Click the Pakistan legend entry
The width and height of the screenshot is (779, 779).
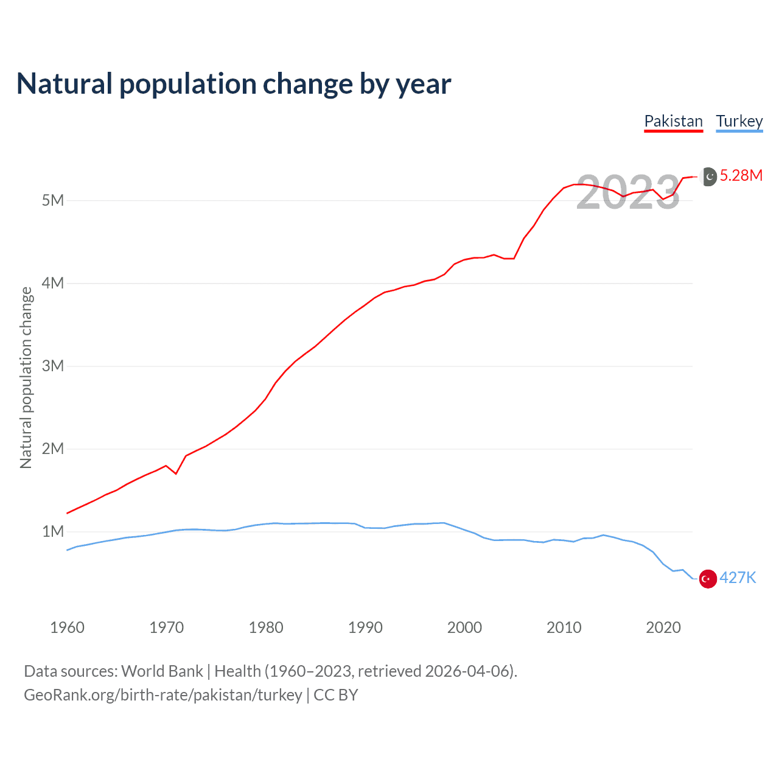pos(673,121)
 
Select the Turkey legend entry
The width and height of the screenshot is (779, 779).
pos(739,121)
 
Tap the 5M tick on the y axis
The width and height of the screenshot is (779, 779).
pos(53,201)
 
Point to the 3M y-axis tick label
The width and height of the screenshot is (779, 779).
pos(53,366)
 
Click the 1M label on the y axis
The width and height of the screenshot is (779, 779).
pos(53,532)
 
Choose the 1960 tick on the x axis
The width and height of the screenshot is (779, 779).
pos(67,627)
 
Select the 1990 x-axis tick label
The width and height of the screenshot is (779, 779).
pos(365,627)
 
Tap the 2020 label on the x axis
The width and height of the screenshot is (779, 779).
pos(663,627)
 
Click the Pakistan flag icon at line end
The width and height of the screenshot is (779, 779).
pos(709,176)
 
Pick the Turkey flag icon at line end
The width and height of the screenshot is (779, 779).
pos(708,579)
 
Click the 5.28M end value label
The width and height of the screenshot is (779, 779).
pos(741,176)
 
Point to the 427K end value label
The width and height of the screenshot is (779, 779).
pos(738,578)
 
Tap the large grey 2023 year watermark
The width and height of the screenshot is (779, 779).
pos(627,192)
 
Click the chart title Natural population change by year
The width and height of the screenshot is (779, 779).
pos(234,84)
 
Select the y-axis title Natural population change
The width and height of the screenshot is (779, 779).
pos(26,378)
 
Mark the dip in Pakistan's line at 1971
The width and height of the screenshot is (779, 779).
pos(176,473)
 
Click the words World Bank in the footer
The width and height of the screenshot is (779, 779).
pos(162,671)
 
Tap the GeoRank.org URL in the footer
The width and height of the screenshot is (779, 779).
pos(162,695)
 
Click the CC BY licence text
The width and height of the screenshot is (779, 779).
pos(335,695)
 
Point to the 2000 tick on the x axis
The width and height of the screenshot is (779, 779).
pos(464,627)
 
